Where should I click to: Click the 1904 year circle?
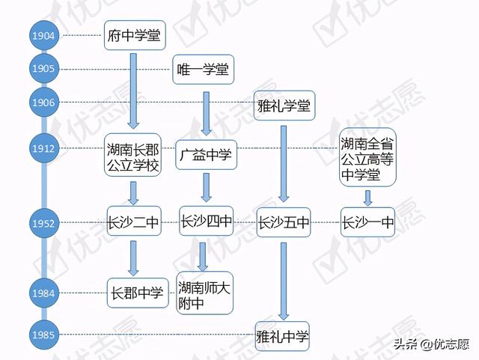pos(43,35)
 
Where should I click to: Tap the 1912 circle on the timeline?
pos(43,148)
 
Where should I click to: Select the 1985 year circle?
pos(43,335)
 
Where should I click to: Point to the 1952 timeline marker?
pos(43,223)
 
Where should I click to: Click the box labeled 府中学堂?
pos(135,35)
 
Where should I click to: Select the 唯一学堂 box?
pos(203,70)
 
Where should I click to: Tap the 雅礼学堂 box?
pos(284,106)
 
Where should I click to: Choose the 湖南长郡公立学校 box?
pos(133,155)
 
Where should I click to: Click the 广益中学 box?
pos(207,155)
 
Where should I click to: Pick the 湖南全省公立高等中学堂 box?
pos(367,157)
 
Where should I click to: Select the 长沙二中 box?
pos(134,222)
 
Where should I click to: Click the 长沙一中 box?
pos(367,222)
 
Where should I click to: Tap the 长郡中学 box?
pos(138,293)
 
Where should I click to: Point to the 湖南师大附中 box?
pos(204,293)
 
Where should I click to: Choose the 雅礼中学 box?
pos(282,336)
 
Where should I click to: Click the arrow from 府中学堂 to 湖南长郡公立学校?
pos(133,91)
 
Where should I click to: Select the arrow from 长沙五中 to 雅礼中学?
pos(284,281)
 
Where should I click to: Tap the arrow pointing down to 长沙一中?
pos(367,198)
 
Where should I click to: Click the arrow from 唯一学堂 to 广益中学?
pos(207,114)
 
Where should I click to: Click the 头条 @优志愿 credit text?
pos(431,344)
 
